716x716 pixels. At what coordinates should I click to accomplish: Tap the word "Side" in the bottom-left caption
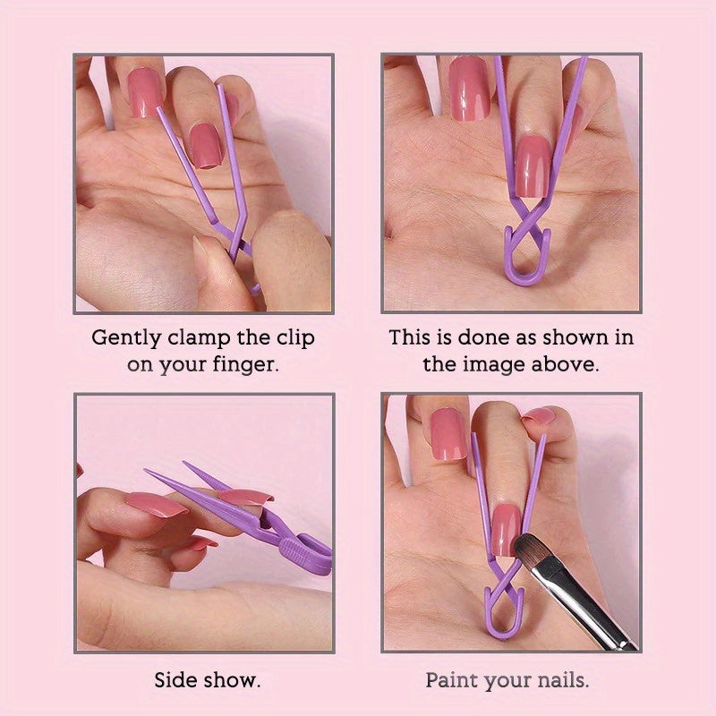(175, 680)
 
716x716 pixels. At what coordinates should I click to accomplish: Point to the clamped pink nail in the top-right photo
(533, 166)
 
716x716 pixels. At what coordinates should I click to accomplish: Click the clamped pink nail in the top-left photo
(207, 144)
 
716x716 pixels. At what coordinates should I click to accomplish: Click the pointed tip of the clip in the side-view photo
(149, 473)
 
